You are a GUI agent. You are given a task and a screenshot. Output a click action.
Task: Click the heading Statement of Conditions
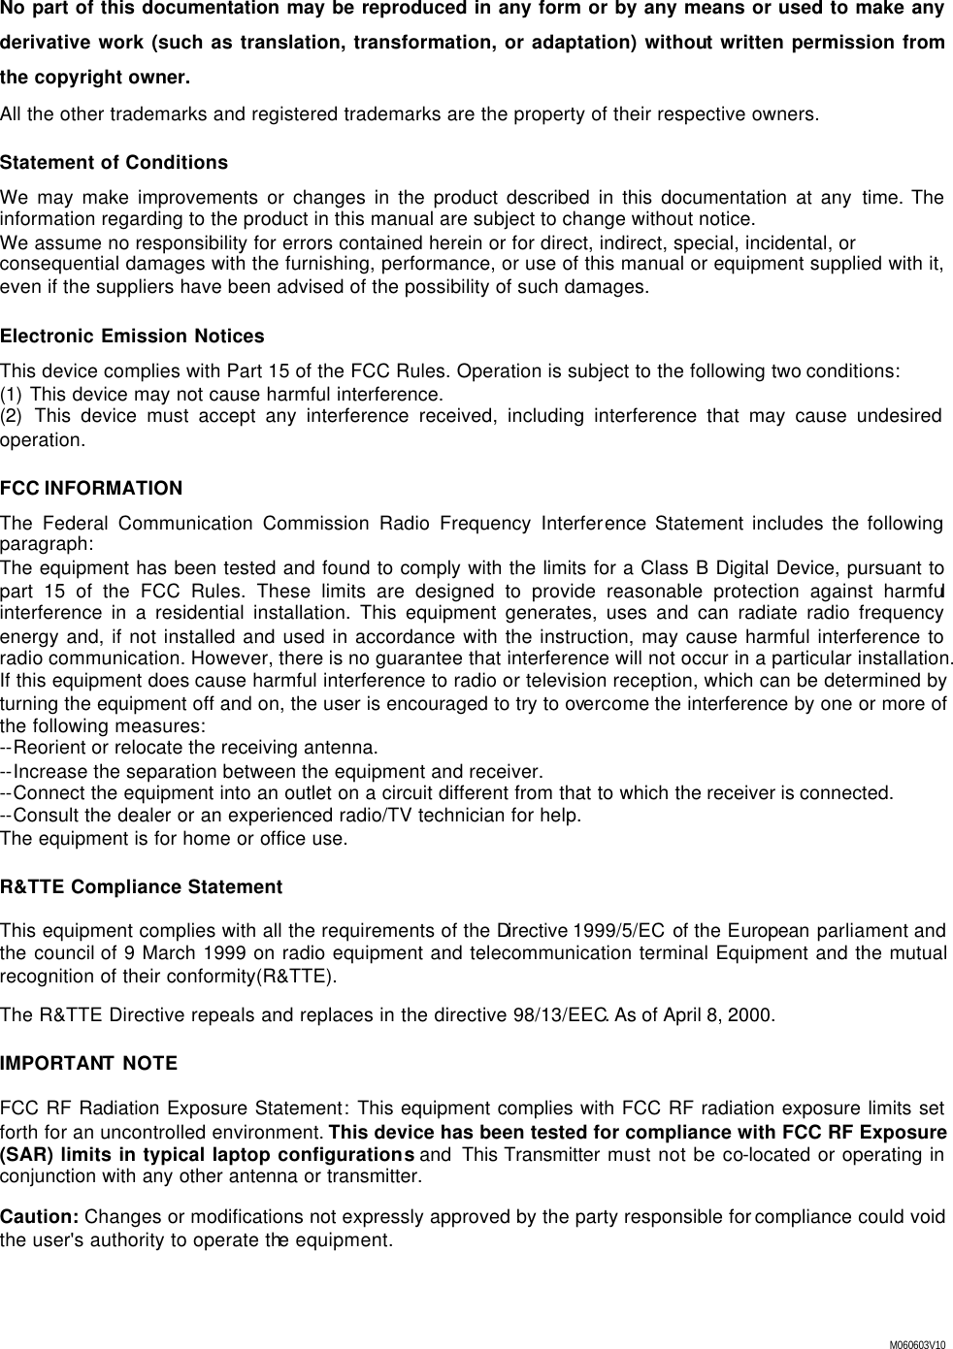[x=115, y=162]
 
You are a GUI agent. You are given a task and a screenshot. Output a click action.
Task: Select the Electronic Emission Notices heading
[x=132, y=337]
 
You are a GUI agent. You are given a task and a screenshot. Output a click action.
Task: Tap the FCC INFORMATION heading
[x=91, y=488]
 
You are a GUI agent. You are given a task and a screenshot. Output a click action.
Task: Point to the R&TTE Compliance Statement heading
[x=142, y=887]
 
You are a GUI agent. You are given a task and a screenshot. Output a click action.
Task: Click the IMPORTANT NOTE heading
[x=89, y=1064]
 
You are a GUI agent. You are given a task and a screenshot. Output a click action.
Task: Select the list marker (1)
[x=14, y=395]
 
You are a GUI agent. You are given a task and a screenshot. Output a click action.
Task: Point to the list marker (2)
[x=14, y=417]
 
